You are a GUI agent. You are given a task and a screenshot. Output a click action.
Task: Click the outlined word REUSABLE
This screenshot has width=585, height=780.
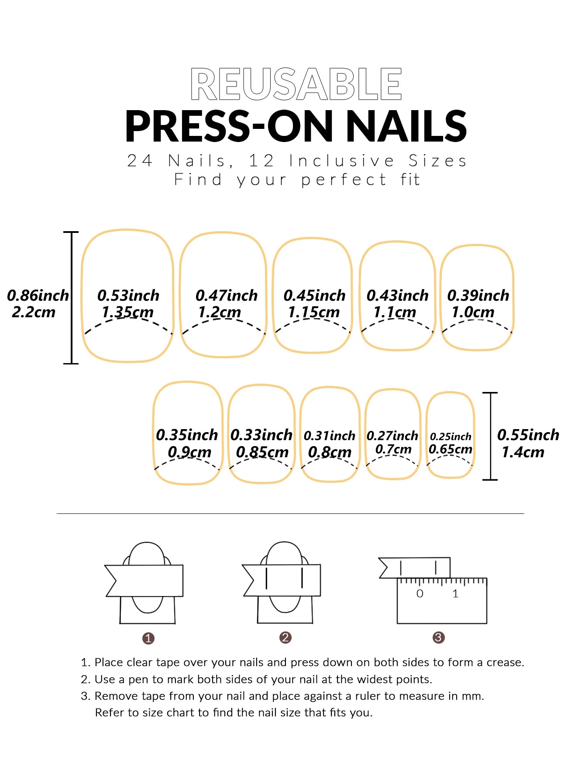click(296, 84)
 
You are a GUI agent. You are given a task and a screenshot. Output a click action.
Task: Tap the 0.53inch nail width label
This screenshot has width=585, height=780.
click(128, 296)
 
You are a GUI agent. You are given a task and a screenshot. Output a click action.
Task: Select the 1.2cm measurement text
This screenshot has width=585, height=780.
click(220, 312)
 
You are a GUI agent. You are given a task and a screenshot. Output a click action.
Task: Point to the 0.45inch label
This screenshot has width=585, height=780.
click(314, 296)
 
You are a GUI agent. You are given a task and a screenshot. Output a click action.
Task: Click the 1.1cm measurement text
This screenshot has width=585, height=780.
click(395, 312)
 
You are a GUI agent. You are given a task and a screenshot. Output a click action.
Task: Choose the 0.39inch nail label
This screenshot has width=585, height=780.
click(478, 296)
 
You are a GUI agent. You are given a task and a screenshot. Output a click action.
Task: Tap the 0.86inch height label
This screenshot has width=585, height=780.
click(38, 296)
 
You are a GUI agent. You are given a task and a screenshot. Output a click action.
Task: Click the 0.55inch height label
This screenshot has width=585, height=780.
click(528, 435)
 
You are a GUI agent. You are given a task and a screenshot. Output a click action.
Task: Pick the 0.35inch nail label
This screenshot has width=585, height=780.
click(187, 435)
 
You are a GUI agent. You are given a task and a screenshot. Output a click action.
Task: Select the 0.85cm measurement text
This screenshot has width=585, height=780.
click(262, 452)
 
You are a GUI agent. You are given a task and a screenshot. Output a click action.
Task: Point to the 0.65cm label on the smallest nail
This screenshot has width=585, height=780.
click(451, 449)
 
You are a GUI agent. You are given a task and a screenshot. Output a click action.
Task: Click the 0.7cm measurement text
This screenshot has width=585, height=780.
click(393, 449)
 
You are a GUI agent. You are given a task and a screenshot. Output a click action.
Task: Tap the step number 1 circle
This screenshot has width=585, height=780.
click(148, 638)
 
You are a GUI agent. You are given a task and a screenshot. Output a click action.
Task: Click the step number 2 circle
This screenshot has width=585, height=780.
click(286, 638)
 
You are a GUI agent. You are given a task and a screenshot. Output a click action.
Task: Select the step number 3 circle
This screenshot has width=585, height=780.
click(438, 638)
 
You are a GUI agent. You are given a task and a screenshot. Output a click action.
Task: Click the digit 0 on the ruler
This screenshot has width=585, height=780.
click(420, 594)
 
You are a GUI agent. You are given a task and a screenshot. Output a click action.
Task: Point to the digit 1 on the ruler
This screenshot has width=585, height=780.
click(455, 594)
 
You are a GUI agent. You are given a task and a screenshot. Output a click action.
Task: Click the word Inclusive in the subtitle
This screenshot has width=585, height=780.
click(342, 161)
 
